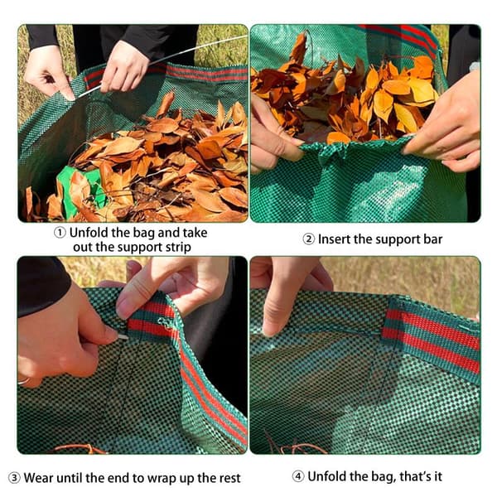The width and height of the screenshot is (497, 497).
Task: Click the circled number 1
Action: (60, 233)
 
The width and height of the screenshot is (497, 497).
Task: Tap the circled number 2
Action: (308, 239)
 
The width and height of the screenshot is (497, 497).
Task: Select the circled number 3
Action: (14, 478)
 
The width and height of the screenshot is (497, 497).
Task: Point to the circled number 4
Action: (298, 476)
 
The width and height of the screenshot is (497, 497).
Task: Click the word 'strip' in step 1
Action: (178, 248)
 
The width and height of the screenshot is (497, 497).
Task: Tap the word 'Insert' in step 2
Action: (334, 239)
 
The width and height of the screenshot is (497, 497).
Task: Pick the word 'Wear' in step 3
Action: (38, 478)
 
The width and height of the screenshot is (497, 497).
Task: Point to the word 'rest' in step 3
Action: (229, 478)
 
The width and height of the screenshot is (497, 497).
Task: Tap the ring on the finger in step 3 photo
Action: (24, 381)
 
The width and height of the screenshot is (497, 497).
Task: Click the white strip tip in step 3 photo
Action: (122, 337)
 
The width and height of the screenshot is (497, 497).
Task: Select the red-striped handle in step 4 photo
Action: (432, 340)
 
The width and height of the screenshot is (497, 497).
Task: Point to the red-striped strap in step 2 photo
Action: (403, 37)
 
